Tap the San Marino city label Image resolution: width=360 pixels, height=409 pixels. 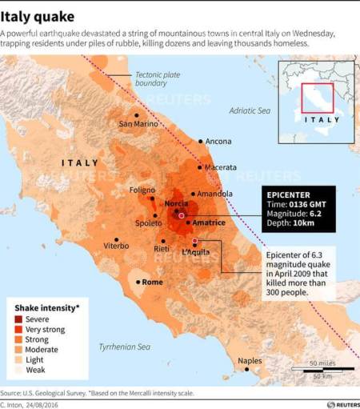pos(138,124)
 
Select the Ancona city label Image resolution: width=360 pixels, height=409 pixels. pos(218,142)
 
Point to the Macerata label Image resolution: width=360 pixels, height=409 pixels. pos(220,167)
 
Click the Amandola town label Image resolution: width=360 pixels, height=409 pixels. pos(215,194)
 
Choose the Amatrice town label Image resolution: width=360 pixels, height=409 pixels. pos(210,223)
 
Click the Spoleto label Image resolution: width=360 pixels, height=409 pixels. pos(147,223)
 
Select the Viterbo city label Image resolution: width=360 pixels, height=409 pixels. pos(116,246)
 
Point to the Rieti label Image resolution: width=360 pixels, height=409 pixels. pos(162,249)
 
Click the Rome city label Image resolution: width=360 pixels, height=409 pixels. pos(152,282)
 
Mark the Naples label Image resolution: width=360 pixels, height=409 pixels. pos(250,360)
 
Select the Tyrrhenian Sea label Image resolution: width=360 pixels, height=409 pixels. pos(124,347)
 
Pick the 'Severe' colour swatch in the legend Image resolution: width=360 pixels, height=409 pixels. pos(20,319)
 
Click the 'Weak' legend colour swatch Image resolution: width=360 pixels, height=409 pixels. pos(20,370)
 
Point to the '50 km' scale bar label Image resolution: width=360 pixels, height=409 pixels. pos(322,375)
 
